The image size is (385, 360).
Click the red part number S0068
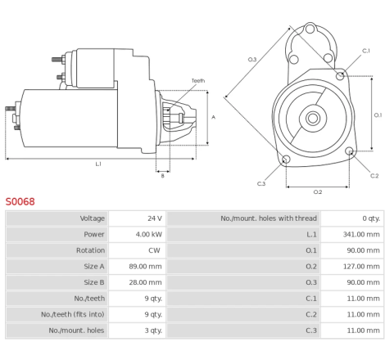pos(20,201)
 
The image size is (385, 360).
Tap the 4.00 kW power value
pos(149,234)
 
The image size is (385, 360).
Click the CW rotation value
pos(154,250)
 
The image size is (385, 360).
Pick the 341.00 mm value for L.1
pos(361,234)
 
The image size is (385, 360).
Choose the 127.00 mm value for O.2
pos(361,267)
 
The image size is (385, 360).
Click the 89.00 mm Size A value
pos(145,267)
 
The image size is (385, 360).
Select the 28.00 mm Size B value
pos(145,282)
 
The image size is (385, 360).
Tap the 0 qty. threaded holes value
pos(371,218)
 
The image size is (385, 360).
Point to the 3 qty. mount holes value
pos(153,331)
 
